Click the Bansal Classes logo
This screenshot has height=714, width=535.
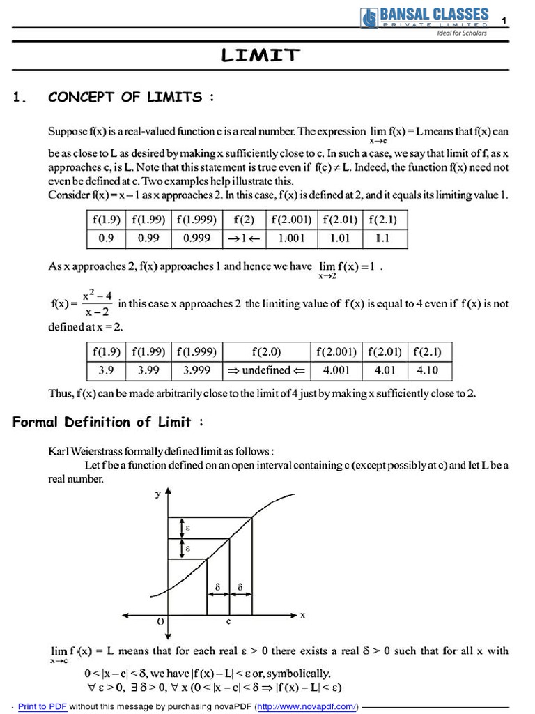(x=424, y=19)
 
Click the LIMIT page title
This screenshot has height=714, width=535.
(x=261, y=56)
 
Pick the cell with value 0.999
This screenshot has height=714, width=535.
(x=196, y=238)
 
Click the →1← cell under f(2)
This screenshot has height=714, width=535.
(x=244, y=238)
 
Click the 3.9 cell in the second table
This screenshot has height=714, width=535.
(x=106, y=371)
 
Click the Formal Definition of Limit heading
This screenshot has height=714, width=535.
(x=108, y=422)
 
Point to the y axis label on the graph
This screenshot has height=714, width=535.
(x=157, y=494)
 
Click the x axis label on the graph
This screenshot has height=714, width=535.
(x=302, y=615)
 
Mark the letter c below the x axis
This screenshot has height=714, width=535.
(x=228, y=620)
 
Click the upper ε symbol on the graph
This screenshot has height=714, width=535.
(x=187, y=528)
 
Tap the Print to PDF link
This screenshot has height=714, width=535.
(x=42, y=706)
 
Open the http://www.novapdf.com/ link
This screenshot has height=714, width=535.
(x=307, y=706)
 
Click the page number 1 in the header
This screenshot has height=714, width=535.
(x=504, y=22)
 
